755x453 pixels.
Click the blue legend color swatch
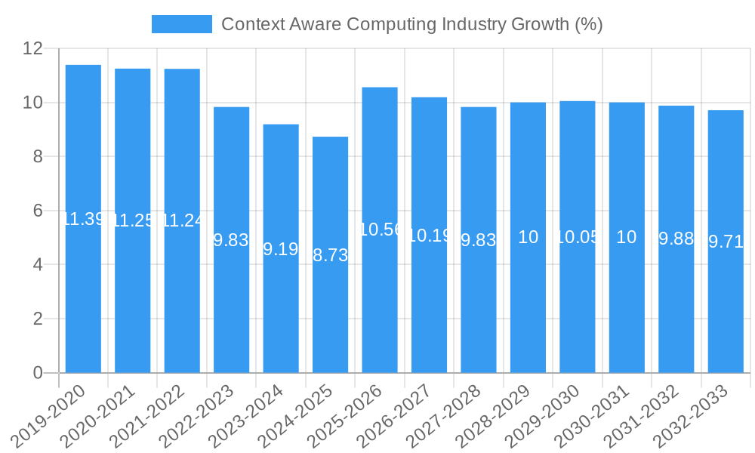point(182,24)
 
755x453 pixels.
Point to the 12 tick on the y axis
point(32,48)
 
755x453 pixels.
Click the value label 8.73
point(331,255)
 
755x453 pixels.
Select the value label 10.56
point(380,230)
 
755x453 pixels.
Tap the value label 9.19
point(281,249)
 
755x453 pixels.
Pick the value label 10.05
point(578,237)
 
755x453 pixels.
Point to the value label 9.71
point(726,242)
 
